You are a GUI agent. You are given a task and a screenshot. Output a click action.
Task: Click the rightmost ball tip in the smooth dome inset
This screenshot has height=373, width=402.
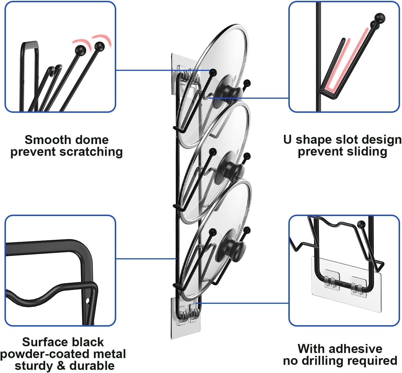[99, 46]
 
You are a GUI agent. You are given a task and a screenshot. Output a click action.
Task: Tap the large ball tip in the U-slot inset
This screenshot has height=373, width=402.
[380, 18]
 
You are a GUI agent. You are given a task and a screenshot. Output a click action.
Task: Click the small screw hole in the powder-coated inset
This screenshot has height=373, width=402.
[87, 301]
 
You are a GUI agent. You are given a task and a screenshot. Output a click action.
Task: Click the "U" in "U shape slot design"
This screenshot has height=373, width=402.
[287, 140]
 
